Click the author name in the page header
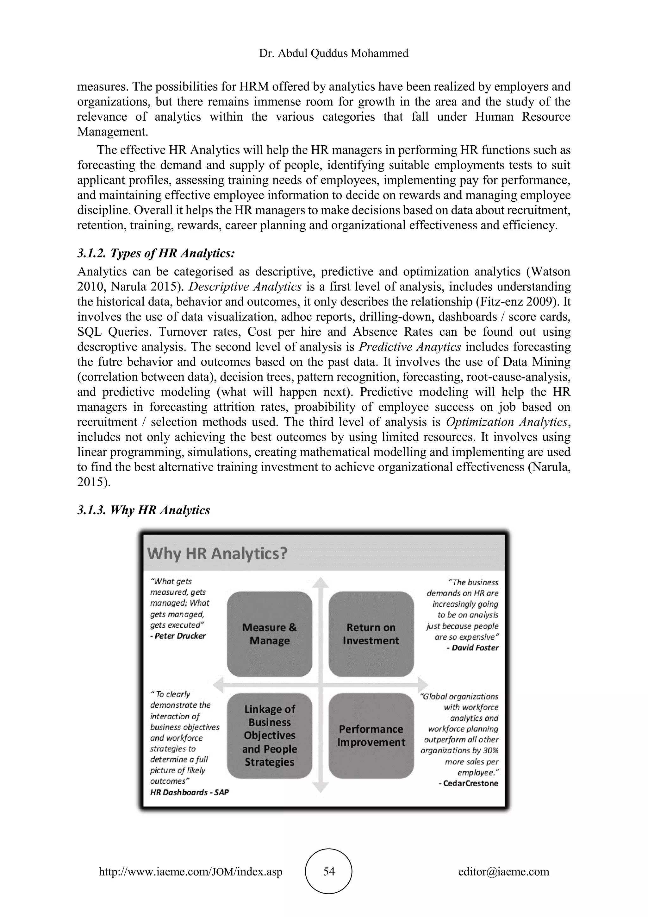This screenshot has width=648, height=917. pos(333,53)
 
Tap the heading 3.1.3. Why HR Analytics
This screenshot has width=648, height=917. pos(143,510)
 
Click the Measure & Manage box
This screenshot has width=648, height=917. pos(269,634)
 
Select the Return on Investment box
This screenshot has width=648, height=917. pos(371,634)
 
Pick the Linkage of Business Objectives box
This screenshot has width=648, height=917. pos(269,735)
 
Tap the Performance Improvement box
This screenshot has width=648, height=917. pos(371,735)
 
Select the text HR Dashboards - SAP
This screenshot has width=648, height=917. pos(190,792)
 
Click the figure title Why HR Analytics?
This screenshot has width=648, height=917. pos(217,553)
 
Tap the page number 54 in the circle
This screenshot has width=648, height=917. pos(329,871)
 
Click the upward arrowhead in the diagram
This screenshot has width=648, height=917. pos(320,583)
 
